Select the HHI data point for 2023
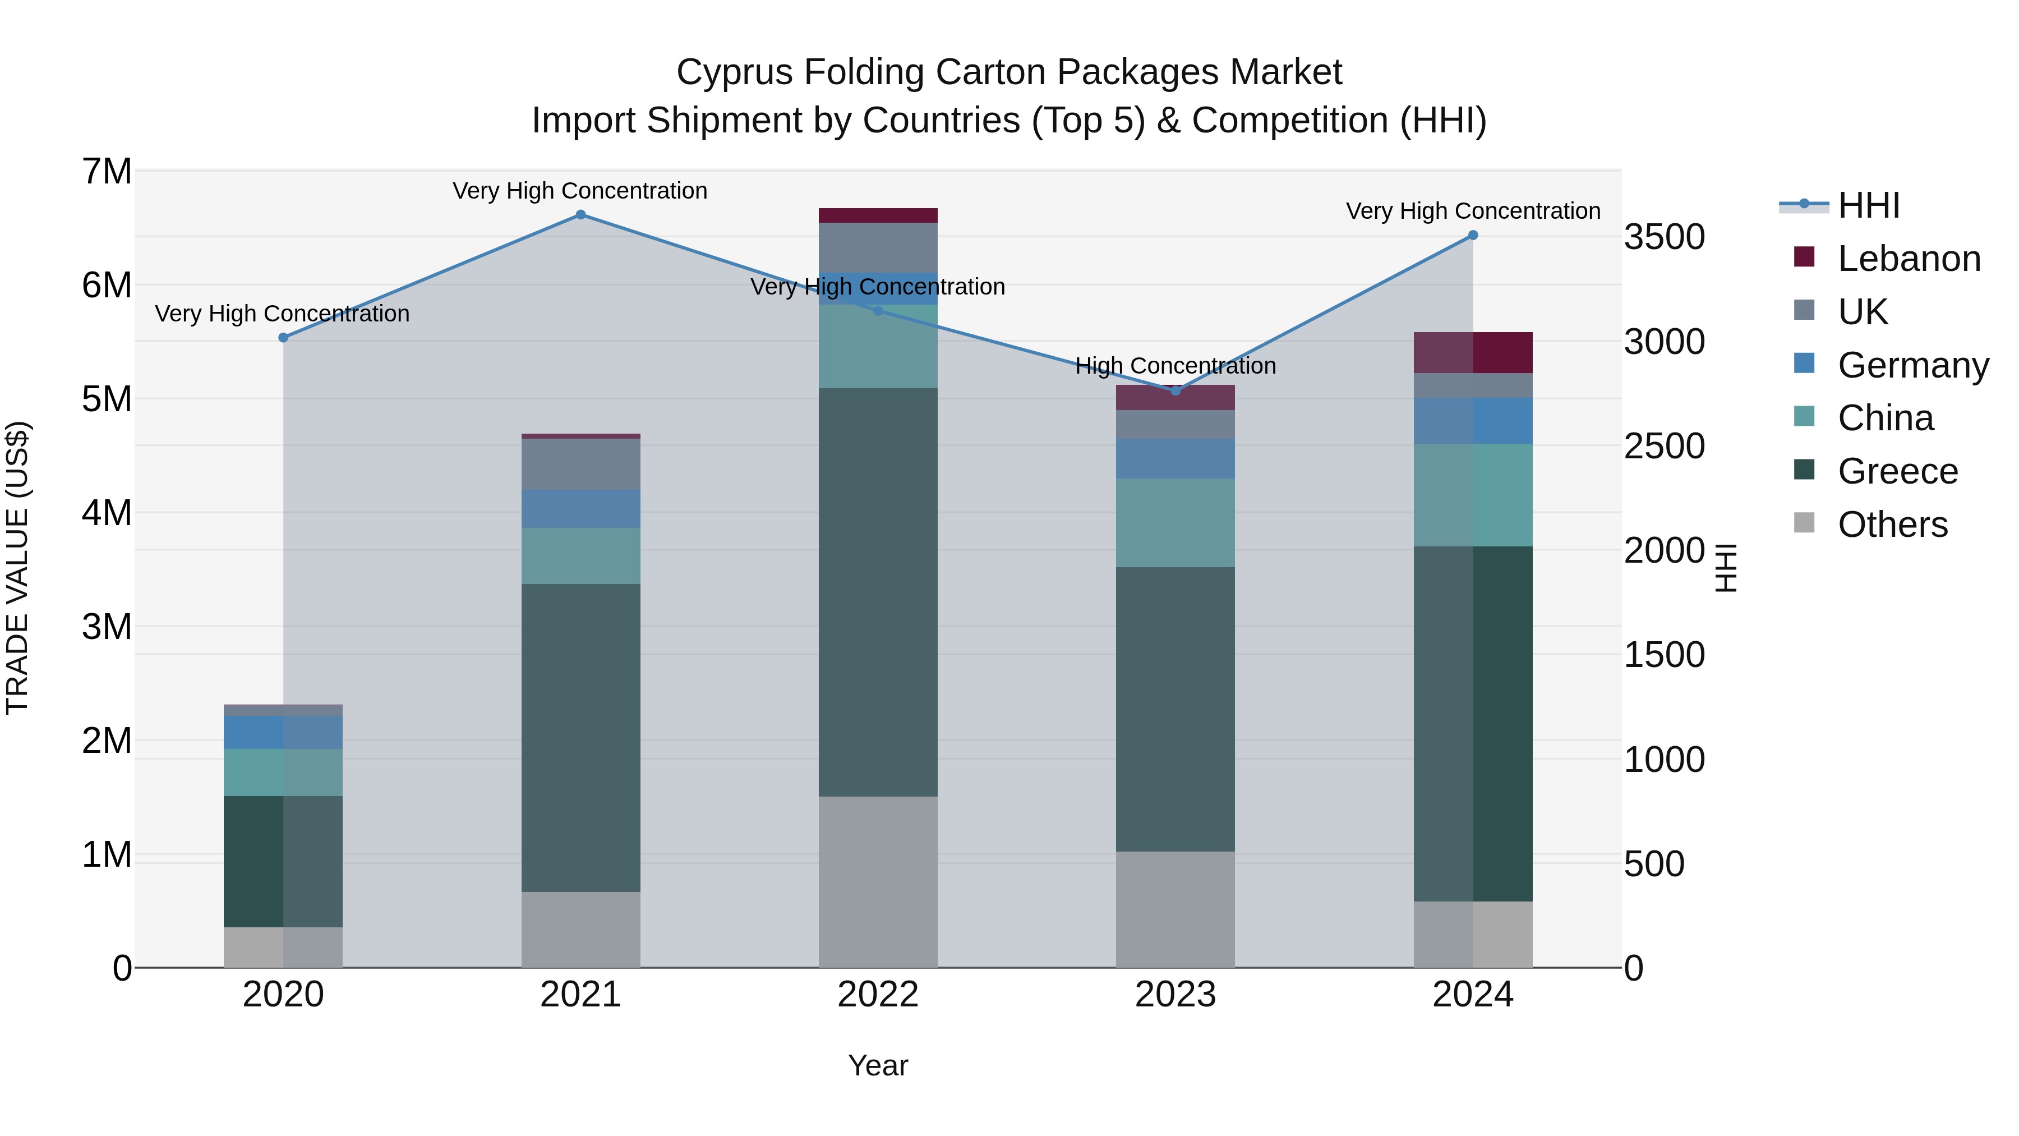(1175, 390)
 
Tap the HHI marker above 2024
(1473, 235)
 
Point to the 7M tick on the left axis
(107, 172)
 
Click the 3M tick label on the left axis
(107, 627)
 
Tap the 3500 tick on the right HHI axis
(1664, 237)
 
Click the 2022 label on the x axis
(878, 995)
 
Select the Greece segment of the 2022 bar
(878, 592)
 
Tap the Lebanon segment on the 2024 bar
(1473, 353)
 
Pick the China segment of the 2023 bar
(1175, 523)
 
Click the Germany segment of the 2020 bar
(283, 732)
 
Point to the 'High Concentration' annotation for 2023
(1175, 366)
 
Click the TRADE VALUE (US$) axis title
(17, 568)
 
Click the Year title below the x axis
(878, 1065)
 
